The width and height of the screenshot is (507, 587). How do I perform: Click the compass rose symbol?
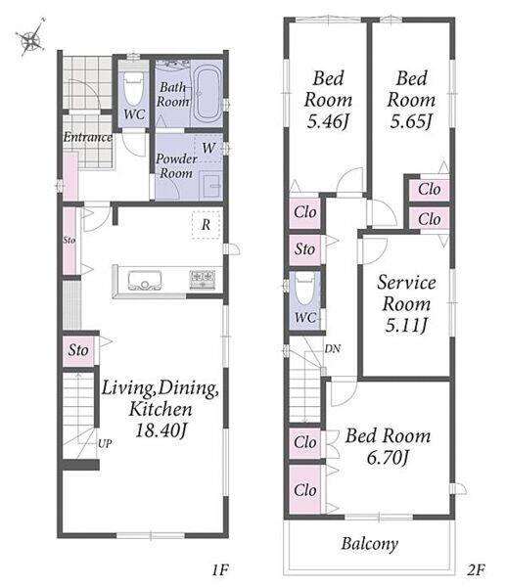pos(31,37)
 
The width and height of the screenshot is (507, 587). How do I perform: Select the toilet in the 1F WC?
pos(133,88)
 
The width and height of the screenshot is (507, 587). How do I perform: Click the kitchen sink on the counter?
pos(145,280)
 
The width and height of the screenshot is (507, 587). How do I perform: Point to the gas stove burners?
pos(203,279)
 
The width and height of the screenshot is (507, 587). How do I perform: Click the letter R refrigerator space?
pos(206,225)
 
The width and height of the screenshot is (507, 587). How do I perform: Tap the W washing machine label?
pos(208,148)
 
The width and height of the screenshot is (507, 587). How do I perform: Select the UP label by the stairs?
pos(105,443)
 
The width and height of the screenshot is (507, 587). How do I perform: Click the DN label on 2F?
pos(333,349)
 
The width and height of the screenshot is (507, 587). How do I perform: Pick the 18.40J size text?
pos(161,430)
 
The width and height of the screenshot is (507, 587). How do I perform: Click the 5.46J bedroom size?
pos(328,121)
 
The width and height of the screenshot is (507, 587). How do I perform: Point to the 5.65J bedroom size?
pos(411,121)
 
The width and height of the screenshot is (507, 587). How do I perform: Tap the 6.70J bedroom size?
pos(388,458)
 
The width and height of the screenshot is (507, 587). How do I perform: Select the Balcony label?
pos(370,544)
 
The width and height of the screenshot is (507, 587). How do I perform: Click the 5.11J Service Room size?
pos(406,325)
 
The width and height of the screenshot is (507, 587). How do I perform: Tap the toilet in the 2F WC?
pos(304,290)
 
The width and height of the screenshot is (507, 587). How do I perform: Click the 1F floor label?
pos(220,570)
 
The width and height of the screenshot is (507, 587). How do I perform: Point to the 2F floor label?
pos(476,570)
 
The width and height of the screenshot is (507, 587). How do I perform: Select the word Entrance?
pos(88,137)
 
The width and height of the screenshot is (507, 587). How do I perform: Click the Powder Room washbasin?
pos(211,185)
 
